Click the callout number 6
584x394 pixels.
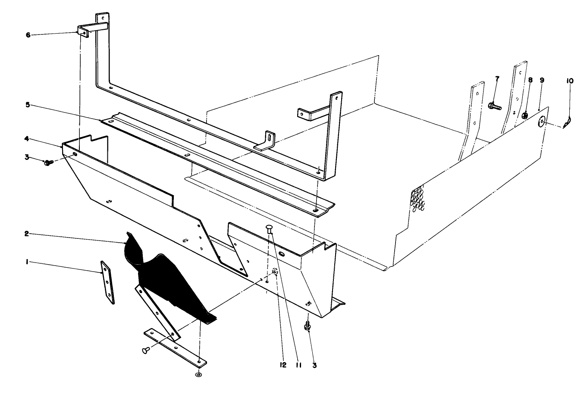point(28,35)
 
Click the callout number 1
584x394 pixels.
point(27,262)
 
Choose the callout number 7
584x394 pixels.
point(497,79)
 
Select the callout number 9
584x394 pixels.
point(542,80)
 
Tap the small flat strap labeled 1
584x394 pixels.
point(107,282)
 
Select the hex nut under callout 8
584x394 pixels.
point(525,115)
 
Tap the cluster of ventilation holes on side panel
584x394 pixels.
point(417,199)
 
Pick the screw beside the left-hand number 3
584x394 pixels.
point(48,163)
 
